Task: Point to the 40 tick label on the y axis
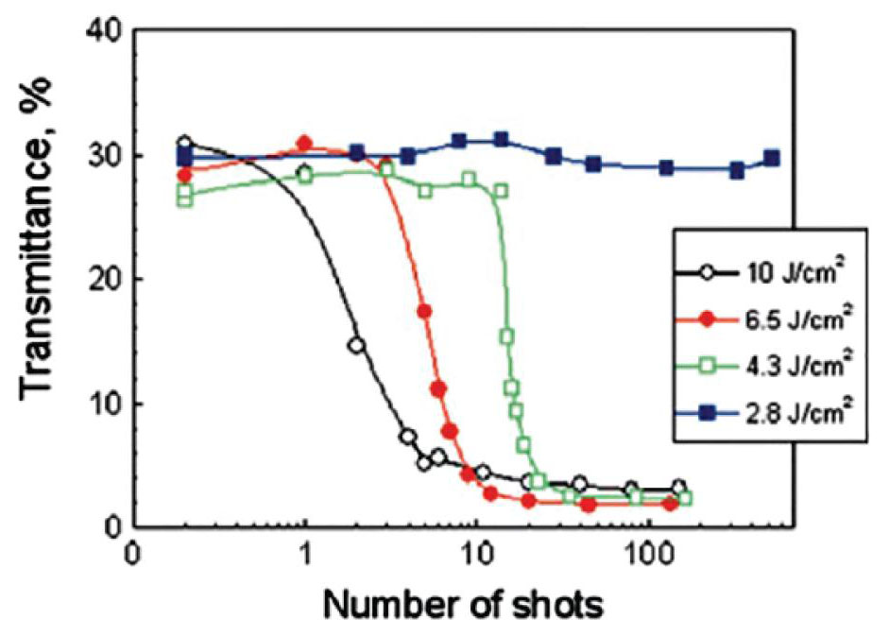pos(104,32)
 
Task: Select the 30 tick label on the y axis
pos(104,156)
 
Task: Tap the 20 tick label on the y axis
pos(104,280)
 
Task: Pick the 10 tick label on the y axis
pos(104,405)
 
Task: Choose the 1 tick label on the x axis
pos(305,551)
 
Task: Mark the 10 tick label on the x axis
pos(476,551)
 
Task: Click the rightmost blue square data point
pos(772,158)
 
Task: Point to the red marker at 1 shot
pos(304,144)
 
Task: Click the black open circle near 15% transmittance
pos(356,346)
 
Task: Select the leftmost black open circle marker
pos(184,144)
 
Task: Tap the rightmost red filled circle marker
pos(670,504)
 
